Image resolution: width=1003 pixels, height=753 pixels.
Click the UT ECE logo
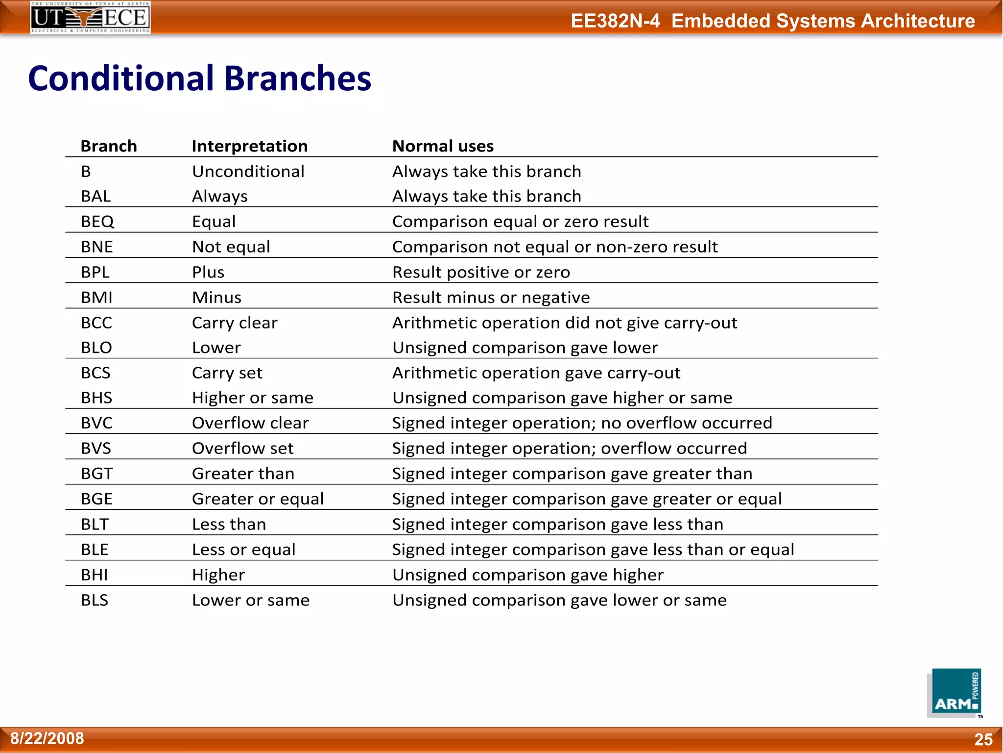(x=91, y=18)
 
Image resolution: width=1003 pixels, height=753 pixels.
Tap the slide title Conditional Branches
(x=200, y=78)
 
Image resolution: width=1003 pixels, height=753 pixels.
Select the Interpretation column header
(x=250, y=146)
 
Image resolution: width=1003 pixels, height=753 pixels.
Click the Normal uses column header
(x=443, y=146)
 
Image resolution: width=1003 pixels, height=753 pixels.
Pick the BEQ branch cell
(x=97, y=222)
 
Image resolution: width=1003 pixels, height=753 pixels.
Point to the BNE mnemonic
(x=97, y=247)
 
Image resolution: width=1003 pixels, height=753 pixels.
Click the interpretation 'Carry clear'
(x=235, y=323)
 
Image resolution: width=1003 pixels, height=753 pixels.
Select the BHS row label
(x=96, y=398)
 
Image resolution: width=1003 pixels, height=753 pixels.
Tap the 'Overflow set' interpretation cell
(x=243, y=449)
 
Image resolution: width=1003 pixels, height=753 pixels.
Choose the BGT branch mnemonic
(x=97, y=474)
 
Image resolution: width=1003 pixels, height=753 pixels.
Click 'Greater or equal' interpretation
(x=258, y=499)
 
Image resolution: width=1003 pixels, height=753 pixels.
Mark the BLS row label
(x=95, y=601)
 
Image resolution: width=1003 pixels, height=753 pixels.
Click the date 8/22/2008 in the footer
(x=48, y=738)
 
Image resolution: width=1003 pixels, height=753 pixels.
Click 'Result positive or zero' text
(x=481, y=272)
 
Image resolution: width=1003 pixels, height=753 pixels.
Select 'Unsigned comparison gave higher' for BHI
(x=528, y=575)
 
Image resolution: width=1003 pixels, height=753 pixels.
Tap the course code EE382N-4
(x=615, y=21)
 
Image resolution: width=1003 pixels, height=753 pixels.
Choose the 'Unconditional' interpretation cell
(x=248, y=172)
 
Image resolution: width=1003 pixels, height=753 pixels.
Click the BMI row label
(x=97, y=298)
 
